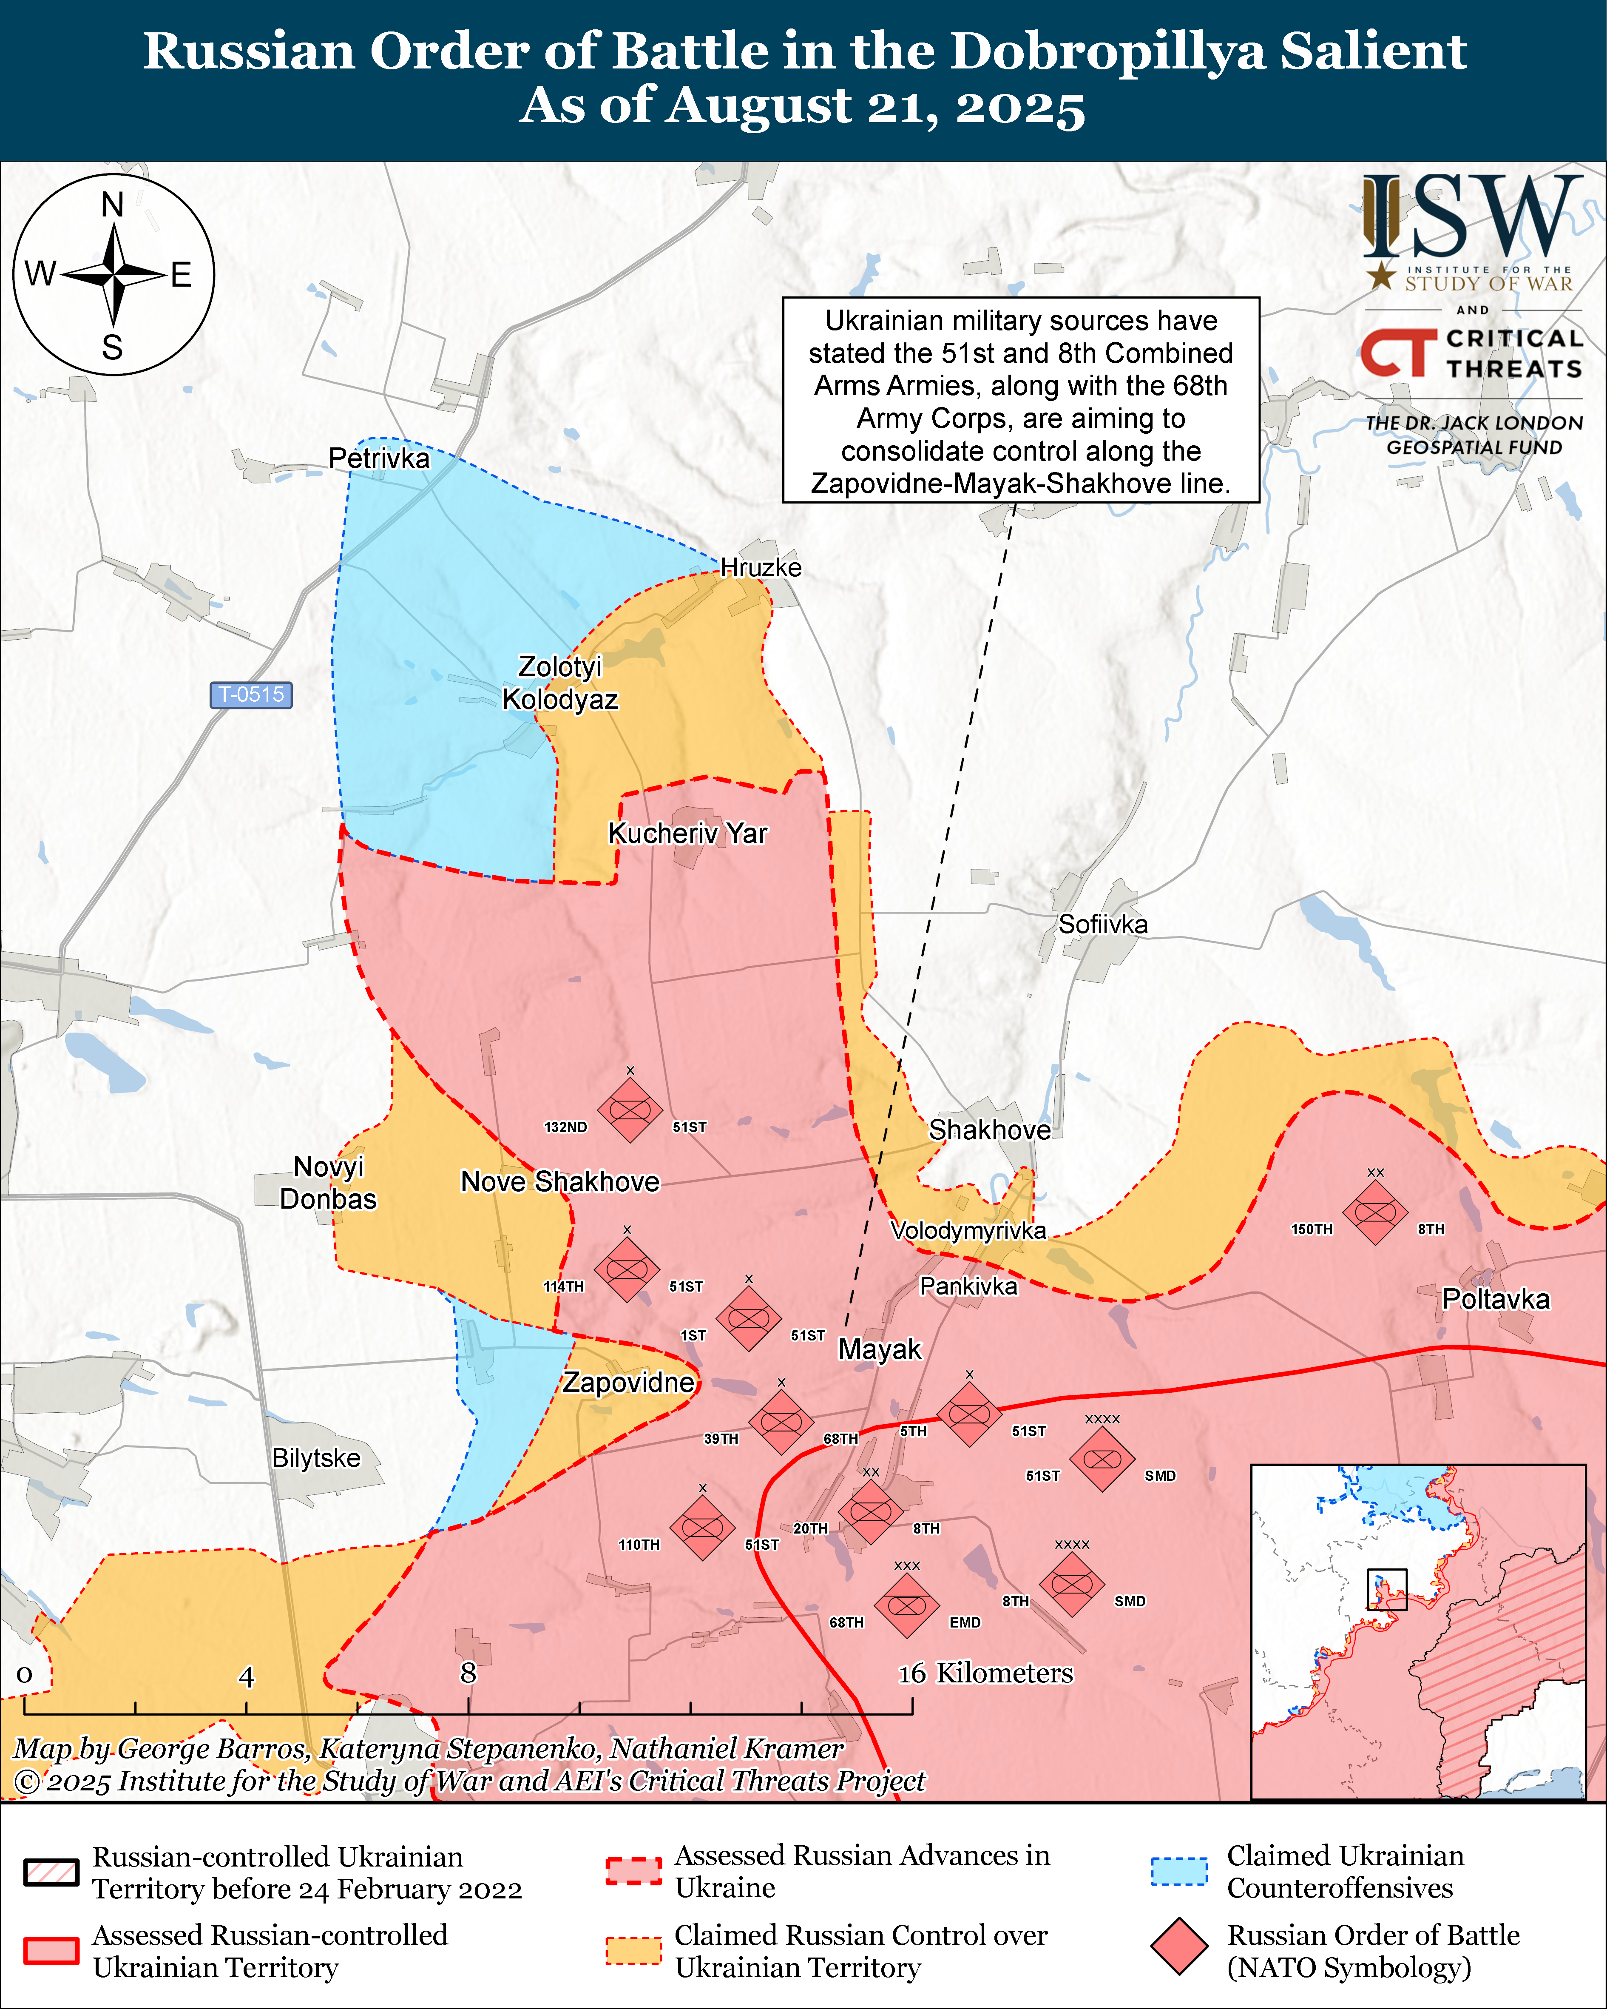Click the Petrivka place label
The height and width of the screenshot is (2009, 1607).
[x=379, y=458]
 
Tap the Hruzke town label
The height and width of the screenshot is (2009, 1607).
[x=761, y=567]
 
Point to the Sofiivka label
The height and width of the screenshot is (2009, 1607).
[x=1103, y=925]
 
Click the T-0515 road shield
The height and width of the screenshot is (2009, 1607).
[x=250, y=694]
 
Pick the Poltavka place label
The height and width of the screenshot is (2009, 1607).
[x=1495, y=1299]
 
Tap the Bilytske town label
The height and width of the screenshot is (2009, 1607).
[x=316, y=1457]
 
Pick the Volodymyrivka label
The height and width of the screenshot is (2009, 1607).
[x=968, y=1231]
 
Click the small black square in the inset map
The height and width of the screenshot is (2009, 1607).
[x=1386, y=1589]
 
